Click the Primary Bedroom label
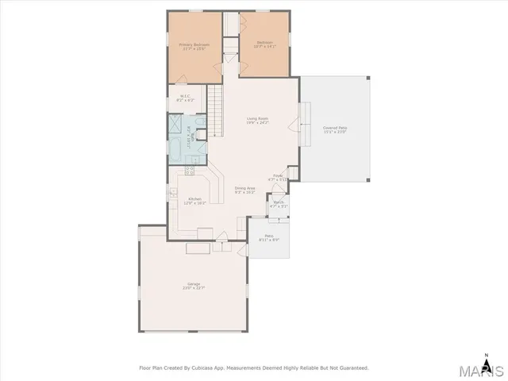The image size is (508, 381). tap(193, 47)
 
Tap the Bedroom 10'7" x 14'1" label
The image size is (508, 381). tap(265, 44)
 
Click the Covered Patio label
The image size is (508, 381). tap(334, 129)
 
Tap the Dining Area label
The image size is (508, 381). tap(244, 190)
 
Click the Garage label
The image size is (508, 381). tap(193, 285)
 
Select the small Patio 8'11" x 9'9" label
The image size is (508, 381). tap(269, 238)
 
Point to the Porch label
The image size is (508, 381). tap(279, 205)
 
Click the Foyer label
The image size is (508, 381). tap(279, 177)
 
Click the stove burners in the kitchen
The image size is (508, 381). tap(190, 170)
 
